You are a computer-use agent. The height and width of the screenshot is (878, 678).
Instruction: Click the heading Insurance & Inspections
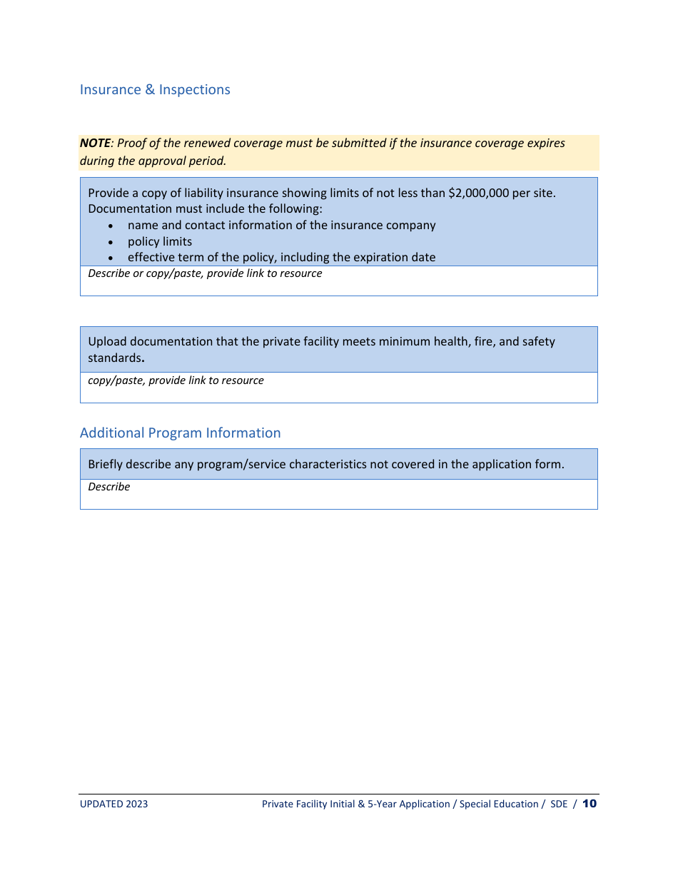click(x=155, y=90)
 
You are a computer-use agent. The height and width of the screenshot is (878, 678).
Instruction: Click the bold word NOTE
click(x=95, y=143)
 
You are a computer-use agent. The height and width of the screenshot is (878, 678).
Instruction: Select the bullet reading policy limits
click(x=160, y=241)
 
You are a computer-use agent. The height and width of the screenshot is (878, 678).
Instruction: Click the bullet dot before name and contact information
click(x=111, y=226)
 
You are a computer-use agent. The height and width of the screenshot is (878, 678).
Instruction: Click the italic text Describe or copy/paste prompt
click(x=205, y=273)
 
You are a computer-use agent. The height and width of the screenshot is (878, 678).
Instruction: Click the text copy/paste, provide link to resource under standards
click(x=176, y=380)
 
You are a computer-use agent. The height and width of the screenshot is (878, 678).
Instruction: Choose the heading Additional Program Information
click(x=180, y=433)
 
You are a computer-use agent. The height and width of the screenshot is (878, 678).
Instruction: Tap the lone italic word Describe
click(x=108, y=487)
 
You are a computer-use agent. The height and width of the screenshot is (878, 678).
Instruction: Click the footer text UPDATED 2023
click(x=113, y=804)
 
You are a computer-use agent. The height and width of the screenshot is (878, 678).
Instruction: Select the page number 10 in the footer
click(x=590, y=804)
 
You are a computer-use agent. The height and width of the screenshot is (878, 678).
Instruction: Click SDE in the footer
click(x=559, y=804)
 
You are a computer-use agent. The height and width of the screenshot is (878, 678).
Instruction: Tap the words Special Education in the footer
click(x=499, y=804)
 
